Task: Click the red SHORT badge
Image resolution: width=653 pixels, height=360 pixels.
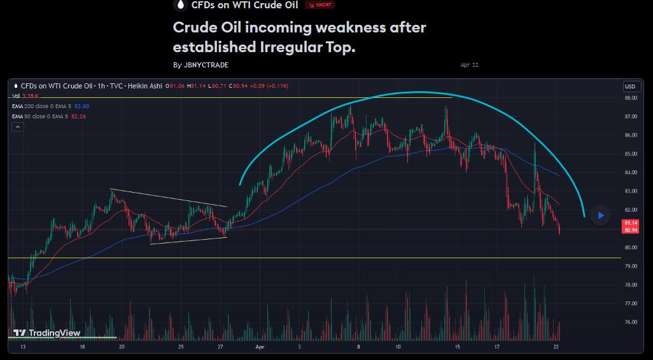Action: (x=319, y=5)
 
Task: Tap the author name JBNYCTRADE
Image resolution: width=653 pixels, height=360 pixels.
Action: (x=205, y=65)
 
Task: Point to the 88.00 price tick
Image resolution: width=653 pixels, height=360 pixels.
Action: (x=631, y=98)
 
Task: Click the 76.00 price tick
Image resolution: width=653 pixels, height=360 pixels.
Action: (x=631, y=322)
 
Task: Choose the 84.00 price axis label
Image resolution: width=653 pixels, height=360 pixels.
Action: (x=631, y=173)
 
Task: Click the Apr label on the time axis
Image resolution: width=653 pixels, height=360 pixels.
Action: (x=259, y=348)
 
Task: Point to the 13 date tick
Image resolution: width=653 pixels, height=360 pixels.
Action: (x=23, y=348)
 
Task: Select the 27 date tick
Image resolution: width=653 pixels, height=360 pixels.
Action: (x=220, y=348)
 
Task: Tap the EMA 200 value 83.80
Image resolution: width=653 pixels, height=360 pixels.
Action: (x=81, y=106)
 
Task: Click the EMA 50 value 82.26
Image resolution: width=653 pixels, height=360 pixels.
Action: (x=80, y=116)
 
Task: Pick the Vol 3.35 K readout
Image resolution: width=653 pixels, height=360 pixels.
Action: (x=25, y=96)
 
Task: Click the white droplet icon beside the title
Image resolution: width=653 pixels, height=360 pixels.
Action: (x=180, y=5)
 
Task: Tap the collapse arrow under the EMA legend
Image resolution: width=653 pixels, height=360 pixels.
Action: (x=18, y=127)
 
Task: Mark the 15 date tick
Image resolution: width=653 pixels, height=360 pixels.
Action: (x=457, y=348)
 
